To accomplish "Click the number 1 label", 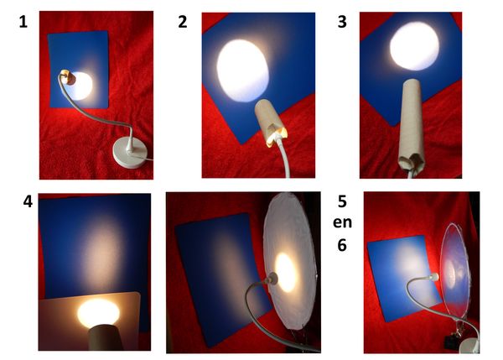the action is click(23, 22).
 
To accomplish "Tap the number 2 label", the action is click(183, 22).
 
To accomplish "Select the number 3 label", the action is click(342, 22).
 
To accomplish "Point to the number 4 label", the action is click(28, 202).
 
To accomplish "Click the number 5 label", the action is click(342, 201).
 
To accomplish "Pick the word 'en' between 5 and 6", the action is click(342, 222).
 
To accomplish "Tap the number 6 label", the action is click(342, 245).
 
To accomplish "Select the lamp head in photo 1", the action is click(68, 77).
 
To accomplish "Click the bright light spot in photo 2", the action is click(242, 70).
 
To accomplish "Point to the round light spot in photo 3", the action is click(414, 46).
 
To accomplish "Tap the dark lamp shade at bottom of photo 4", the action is click(105, 337).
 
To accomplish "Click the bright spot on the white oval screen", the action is click(285, 273).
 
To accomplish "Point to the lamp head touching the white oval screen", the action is click(272, 279).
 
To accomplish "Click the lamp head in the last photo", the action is click(433, 276).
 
